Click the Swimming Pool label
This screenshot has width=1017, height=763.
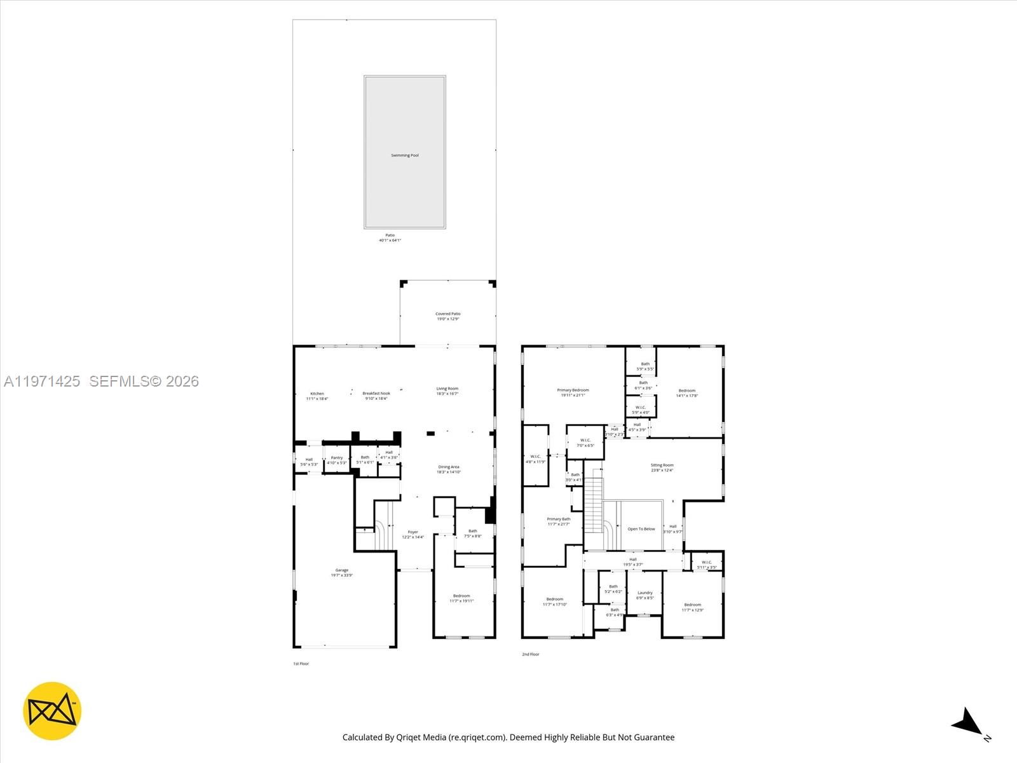pyautogui.click(x=404, y=155)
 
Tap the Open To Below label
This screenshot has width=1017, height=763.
pyautogui.click(x=641, y=529)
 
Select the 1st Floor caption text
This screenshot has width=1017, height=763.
pyautogui.click(x=301, y=664)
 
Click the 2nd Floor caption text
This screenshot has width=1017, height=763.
pyautogui.click(x=530, y=654)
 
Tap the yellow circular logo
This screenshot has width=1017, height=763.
pyautogui.click(x=52, y=711)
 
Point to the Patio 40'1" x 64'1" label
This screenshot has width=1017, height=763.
pyautogui.click(x=390, y=237)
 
